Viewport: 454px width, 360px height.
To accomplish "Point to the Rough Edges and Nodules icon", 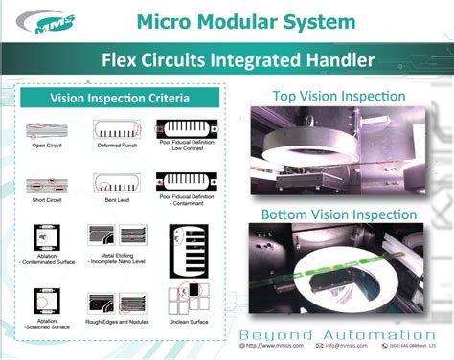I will coord(115,301).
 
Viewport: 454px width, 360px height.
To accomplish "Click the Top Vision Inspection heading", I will coord(339,96).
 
